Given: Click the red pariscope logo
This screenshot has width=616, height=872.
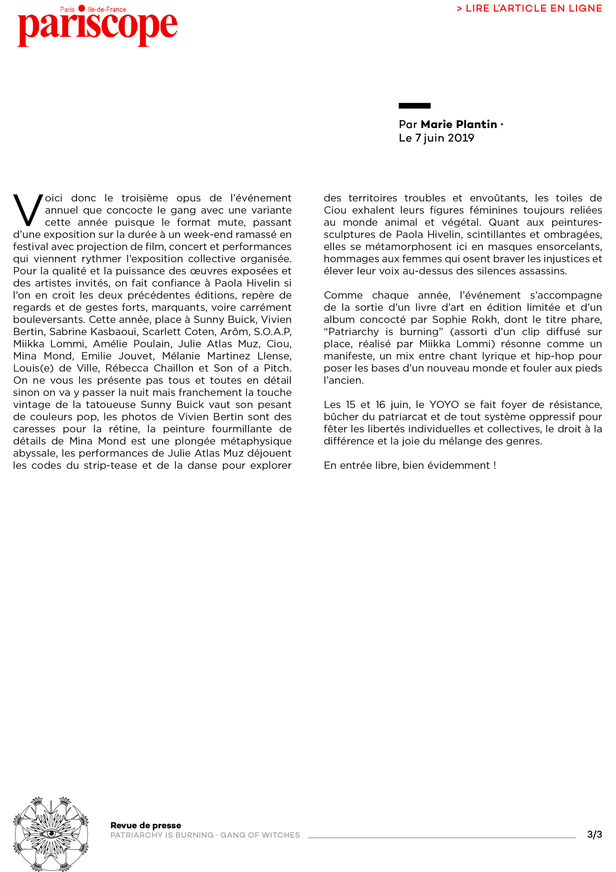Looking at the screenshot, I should pyautogui.click(x=97, y=28).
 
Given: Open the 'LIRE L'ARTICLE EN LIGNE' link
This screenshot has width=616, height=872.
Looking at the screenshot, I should pyautogui.click(x=529, y=9).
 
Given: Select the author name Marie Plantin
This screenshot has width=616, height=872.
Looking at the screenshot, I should pyautogui.click(x=459, y=124).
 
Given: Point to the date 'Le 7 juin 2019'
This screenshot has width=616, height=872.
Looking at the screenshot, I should pyautogui.click(x=436, y=138).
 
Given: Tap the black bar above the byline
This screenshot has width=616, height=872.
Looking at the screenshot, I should pyautogui.click(x=414, y=106).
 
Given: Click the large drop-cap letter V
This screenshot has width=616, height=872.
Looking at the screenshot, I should pyautogui.click(x=28, y=209).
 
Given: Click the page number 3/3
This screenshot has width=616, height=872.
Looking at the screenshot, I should pyautogui.click(x=594, y=835).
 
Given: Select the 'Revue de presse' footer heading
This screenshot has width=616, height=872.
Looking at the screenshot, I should pyautogui.click(x=146, y=825).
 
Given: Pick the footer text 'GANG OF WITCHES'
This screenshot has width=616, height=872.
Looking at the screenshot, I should pyautogui.click(x=260, y=835).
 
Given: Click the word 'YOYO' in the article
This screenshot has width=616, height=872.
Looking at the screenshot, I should pyautogui.click(x=444, y=404).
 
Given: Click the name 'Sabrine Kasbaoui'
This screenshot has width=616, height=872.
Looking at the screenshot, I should pyautogui.click(x=93, y=331).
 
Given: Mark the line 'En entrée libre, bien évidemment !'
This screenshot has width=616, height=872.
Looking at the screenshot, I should pyautogui.click(x=410, y=465).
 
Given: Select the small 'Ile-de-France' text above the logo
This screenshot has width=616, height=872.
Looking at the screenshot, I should pyautogui.click(x=107, y=10).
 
